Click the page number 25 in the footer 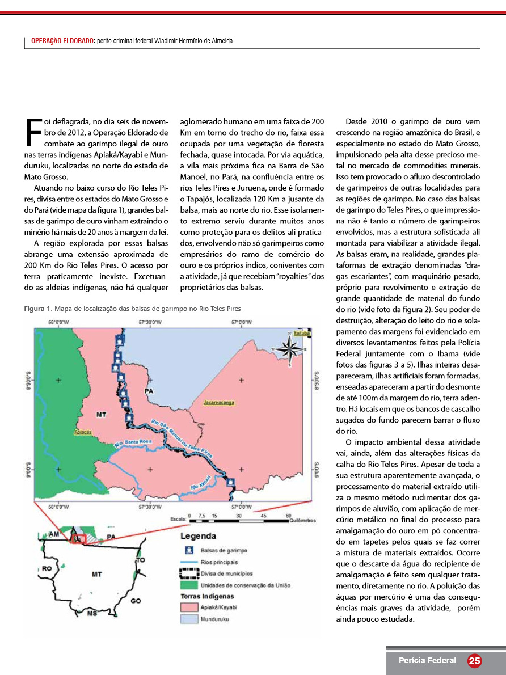tap(474, 661)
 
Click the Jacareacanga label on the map tap(219, 402)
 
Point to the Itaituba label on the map tap(302, 334)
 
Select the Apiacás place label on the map tap(83, 432)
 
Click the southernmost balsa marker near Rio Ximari tap(230, 483)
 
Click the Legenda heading tap(197, 536)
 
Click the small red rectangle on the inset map tap(79, 538)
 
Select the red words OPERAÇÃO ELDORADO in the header tap(62, 41)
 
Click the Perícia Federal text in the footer tap(427, 660)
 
